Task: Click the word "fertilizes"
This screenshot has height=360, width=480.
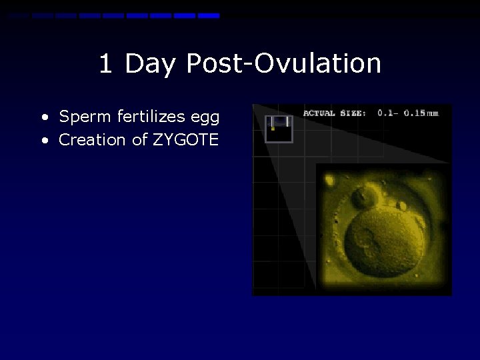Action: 151,117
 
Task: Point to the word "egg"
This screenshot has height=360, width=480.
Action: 205,118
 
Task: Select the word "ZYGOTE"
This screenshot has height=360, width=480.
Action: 186,140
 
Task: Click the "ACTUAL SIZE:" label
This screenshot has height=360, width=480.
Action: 334,113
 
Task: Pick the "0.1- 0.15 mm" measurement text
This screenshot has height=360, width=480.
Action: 408,113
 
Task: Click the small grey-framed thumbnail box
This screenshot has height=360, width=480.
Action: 279,129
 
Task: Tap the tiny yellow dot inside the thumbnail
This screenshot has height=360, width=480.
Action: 273,128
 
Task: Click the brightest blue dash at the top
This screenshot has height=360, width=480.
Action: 209,15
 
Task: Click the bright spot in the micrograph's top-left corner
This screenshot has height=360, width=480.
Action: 329,178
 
